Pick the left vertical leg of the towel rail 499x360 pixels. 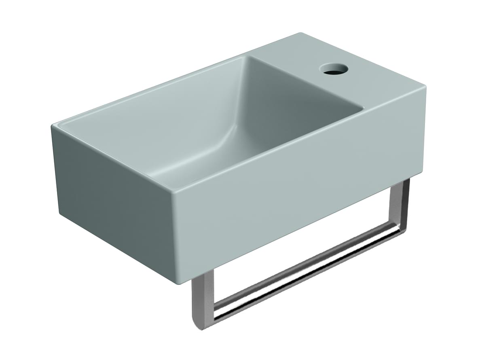(x=201, y=299)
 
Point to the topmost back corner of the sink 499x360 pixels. (x=300, y=34)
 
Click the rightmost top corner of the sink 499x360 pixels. (x=425, y=87)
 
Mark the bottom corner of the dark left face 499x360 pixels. (x=61, y=213)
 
